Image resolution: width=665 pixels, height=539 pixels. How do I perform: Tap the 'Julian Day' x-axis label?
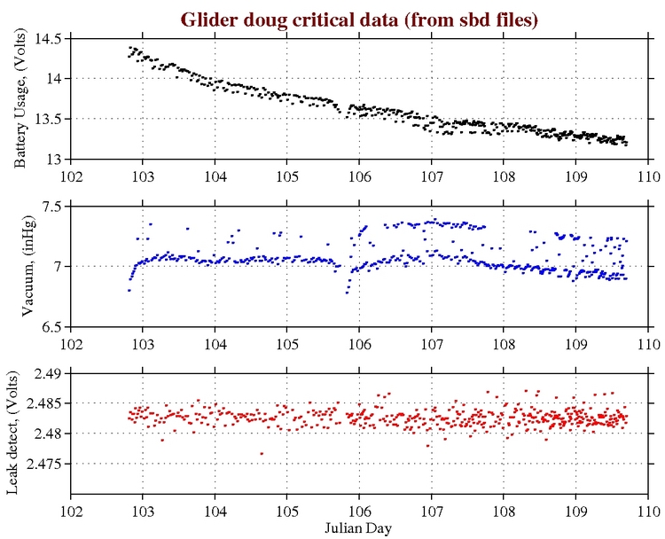click(359, 527)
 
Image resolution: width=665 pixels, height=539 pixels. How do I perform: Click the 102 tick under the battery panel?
click(71, 175)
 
